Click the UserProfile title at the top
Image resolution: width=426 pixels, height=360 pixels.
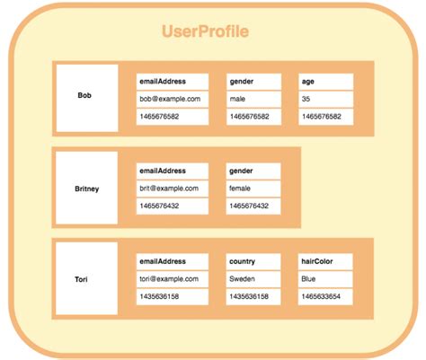(x=205, y=32)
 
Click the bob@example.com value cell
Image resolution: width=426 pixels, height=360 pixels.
(x=172, y=99)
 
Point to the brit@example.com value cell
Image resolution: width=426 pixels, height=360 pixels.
(x=172, y=189)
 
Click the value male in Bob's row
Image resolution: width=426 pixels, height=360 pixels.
(x=253, y=99)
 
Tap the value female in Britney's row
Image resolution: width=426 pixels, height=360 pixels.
(x=253, y=189)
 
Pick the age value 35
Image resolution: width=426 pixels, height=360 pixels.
(x=324, y=99)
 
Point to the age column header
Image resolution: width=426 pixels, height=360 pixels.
(x=324, y=81)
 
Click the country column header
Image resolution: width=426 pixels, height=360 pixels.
(x=253, y=261)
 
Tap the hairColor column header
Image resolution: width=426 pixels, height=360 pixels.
(x=324, y=261)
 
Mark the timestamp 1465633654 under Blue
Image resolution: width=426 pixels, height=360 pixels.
(x=324, y=296)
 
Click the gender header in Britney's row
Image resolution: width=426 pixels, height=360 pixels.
(x=253, y=171)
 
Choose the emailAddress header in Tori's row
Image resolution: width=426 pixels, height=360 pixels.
(x=172, y=261)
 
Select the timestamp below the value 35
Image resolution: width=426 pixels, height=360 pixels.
(x=324, y=117)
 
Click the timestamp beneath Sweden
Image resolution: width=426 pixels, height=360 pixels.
(x=253, y=296)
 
